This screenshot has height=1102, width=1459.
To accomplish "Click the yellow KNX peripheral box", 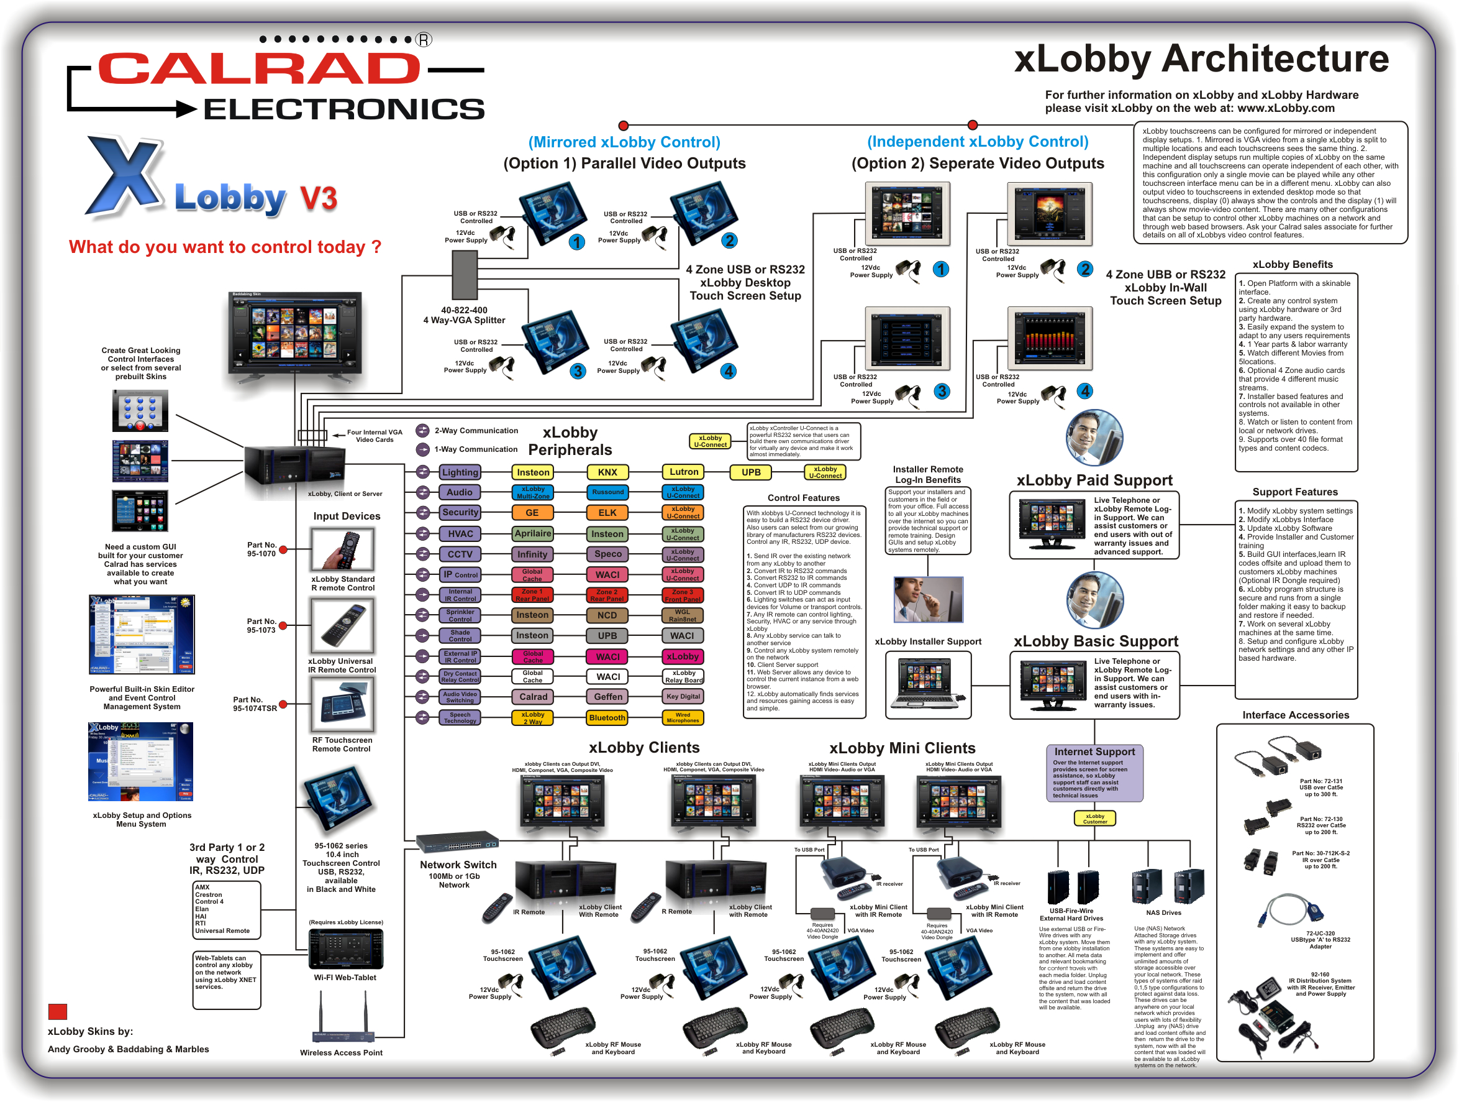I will [607, 472].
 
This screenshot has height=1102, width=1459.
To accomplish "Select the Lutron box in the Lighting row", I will [683, 472].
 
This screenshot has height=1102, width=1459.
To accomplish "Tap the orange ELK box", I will [607, 513].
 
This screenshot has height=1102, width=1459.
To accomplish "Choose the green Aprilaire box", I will [533, 533].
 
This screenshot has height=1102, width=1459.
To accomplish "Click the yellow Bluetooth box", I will [607, 717].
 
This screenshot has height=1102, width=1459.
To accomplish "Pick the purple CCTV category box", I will [460, 554].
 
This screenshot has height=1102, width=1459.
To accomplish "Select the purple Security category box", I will [460, 512].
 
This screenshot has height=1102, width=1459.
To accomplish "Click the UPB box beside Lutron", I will [750, 472].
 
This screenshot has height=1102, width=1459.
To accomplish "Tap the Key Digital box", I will [683, 696].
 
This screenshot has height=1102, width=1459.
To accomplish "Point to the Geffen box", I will [607, 697].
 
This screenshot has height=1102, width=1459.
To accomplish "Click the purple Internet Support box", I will [1094, 773].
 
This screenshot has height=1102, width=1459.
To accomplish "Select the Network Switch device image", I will [457, 843].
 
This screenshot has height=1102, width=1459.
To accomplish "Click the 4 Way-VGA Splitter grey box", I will [465, 276].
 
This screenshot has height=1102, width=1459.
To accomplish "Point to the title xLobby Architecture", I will [1201, 60].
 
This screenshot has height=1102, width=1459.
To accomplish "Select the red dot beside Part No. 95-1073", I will [283, 625].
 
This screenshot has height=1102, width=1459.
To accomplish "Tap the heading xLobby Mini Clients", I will [902, 748].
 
